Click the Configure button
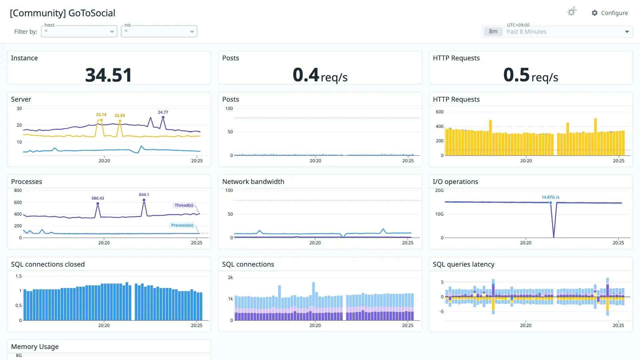pyautogui.click(x=610, y=13)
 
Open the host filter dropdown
pyautogui.click(x=79, y=31)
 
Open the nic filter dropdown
pyautogui.click(x=159, y=31)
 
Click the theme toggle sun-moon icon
pyautogui.click(x=572, y=12)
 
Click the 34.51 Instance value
pyautogui.click(x=109, y=75)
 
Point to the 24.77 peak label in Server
pyautogui.click(x=163, y=112)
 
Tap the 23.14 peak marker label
pyautogui.click(x=101, y=115)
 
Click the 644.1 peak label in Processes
pyautogui.click(x=144, y=195)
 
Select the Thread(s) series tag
pyautogui.click(x=184, y=205)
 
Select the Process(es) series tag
pyautogui.click(x=182, y=225)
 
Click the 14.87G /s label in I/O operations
pyautogui.click(x=550, y=197)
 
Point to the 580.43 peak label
pyautogui.click(x=98, y=198)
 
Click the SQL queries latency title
pyautogui.click(x=463, y=264)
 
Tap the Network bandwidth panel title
pyautogui.click(x=253, y=182)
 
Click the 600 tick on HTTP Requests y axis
pyautogui.click(x=440, y=112)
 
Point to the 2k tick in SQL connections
pyautogui.click(x=230, y=278)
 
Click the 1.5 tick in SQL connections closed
pyautogui.click(x=19, y=276)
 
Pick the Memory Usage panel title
pyautogui.click(x=35, y=347)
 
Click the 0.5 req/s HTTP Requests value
pyautogui.click(x=531, y=75)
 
